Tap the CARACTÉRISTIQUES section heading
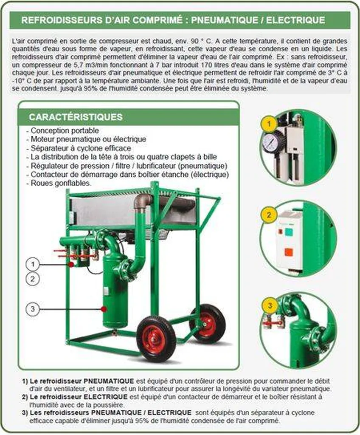point(76,117)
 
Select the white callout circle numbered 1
point(32,264)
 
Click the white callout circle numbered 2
point(32,279)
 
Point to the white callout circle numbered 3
point(32,309)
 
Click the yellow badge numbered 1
point(267,124)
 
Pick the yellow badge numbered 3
point(267,305)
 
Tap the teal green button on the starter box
point(289,232)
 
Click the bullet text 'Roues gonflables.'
point(60,183)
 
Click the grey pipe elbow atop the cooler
point(143,201)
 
